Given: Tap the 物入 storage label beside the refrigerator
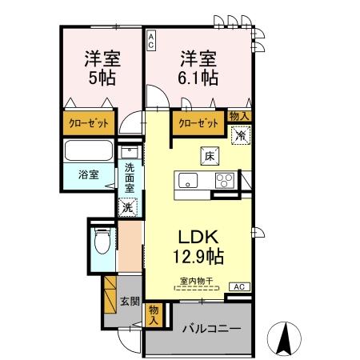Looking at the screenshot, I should (x=239, y=117).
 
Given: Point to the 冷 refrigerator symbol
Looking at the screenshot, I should (x=239, y=136).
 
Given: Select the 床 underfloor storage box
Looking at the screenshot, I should (x=207, y=155).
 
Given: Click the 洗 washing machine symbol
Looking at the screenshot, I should (x=128, y=207).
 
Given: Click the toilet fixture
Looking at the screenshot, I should (x=100, y=239).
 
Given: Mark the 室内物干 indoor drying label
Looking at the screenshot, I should (x=196, y=282).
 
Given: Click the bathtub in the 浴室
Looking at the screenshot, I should (x=89, y=152).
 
